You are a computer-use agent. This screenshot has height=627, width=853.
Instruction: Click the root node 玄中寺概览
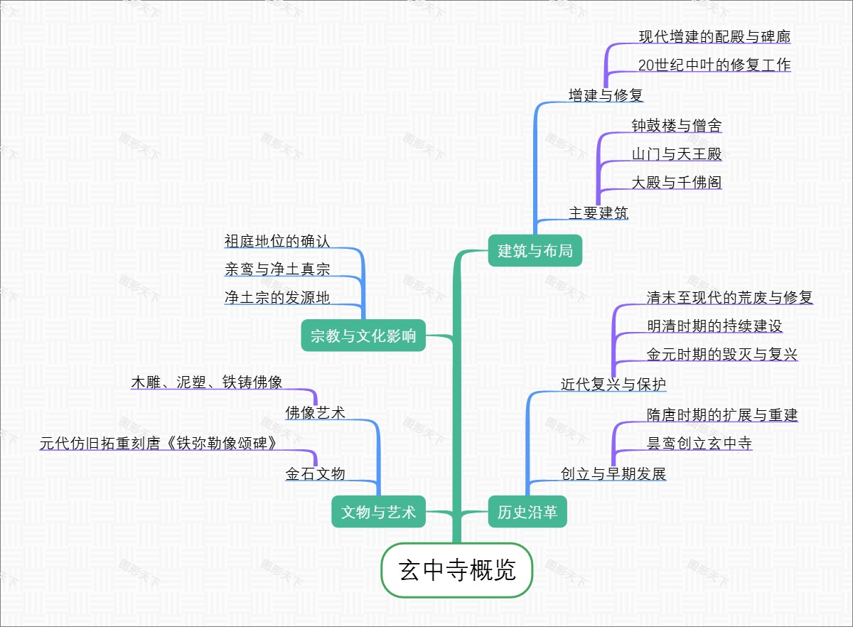pyautogui.click(x=457, y=570)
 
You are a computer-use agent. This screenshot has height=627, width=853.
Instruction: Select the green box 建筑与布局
pyautogui.click(x=535, y=250)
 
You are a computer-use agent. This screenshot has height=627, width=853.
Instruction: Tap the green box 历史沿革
pyautogui.click(x=527, y=512)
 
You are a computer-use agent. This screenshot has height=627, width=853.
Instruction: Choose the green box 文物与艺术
pyautogui.click(x=378, y=512)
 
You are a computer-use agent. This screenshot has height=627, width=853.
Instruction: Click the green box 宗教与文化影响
pyautogui.click(x=363, y=336)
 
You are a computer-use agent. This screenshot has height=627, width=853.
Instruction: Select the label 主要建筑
pyautogui.click(x=599, y=213)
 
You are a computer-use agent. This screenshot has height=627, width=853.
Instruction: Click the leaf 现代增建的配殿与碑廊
pyautogui.click(x=714, y=36)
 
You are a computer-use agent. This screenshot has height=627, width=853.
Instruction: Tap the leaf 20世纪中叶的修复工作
pyautogui.click(x=714, y=65)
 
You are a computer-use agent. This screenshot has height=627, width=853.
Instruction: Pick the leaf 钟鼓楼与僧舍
pyautogui.click(x=677, y=126)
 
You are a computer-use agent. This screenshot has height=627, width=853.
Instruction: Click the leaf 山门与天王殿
pyautogui.click(x=677, y=154)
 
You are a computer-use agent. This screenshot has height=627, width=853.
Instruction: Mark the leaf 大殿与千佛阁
pyautogui.click(x=677, y=183)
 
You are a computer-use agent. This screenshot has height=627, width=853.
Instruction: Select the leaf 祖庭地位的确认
pyautogui.click(x=277, y=241)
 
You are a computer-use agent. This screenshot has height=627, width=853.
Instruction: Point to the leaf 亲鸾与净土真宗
pyautogui.click(x=277, y=269)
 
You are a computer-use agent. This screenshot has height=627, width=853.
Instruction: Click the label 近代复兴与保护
pyautogui.click(x=613, y=385)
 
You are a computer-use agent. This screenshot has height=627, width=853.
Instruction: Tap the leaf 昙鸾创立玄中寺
pyautogui.click(x=699, y=444)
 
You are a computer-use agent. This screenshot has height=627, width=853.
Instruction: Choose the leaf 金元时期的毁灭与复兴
pyautogui.click(x=722, y=355)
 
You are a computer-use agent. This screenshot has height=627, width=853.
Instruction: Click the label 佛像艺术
pyautogui.click(x=315, y=412)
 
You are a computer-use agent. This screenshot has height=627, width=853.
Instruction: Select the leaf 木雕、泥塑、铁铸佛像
pyautogui.click(x=207, y=382)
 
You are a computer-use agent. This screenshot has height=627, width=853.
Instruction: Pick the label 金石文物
pyautogui.click(x=315, y=473)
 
